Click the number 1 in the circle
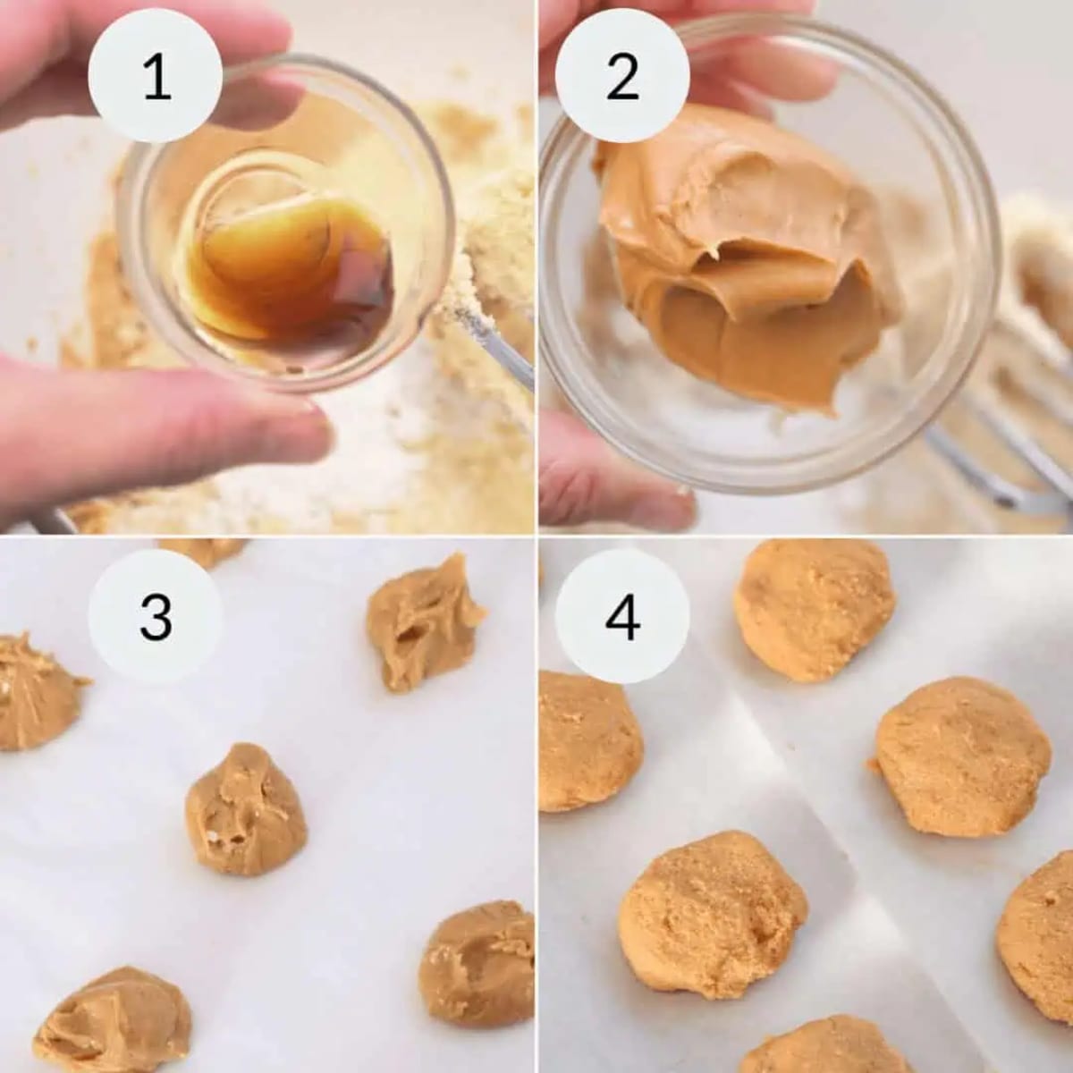click(156, 77)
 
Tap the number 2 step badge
click(622, 77)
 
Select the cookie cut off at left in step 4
click(586, 742)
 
